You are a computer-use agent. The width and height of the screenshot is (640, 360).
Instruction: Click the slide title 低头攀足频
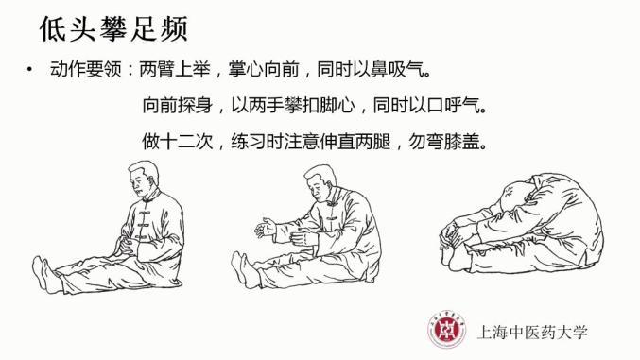pos(113,29)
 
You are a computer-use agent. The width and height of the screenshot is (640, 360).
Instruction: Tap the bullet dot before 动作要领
pos(29,70)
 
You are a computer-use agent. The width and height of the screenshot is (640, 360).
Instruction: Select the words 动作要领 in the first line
pos(86,70)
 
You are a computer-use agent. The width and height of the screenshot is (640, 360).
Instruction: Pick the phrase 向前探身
pos(178,105)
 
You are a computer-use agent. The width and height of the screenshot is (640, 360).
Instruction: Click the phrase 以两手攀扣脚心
pos(293,105)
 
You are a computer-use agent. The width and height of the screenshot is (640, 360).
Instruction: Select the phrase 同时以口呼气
pos(426,105)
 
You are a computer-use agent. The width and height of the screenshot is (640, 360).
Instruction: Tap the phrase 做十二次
pos(178,141)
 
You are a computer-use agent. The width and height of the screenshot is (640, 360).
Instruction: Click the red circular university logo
pos(447,329)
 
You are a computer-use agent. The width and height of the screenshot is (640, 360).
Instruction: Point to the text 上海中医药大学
pos(532,332)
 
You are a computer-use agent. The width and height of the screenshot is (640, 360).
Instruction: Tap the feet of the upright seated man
pos(45,274)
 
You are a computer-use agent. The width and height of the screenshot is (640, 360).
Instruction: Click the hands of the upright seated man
pos(126,246)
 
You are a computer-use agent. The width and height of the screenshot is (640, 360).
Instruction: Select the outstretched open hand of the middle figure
pos(266,228)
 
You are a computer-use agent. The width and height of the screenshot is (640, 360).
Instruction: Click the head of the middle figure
pos(320,182)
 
